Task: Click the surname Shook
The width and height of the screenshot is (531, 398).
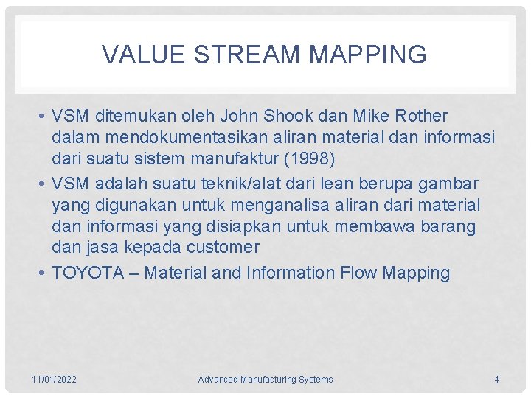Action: click(296, 116)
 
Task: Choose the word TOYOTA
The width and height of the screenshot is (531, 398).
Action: click(88, 273)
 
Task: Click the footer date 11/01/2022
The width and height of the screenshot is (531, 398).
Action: click(55, 380)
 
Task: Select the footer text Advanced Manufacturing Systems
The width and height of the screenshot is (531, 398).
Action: click(265, 380)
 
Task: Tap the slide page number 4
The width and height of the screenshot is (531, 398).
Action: click(496, 380)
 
